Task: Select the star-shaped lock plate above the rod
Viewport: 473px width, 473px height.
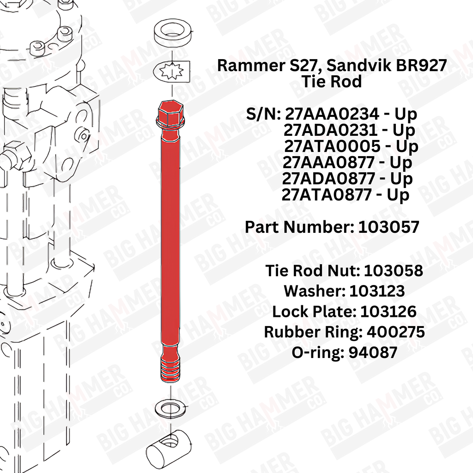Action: click(171, 72)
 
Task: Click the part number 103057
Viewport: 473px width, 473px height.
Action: click(388, 227)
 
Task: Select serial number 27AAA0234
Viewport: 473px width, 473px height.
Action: click(332, 114)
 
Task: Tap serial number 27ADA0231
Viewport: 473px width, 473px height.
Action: click(330, 130)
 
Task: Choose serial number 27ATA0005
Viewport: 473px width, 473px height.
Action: click(332, 146)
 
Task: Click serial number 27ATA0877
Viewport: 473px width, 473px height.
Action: click(327, 195)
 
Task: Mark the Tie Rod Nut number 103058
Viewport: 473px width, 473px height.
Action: click(394, 271)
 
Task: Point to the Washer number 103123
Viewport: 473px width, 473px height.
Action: click(377, 291)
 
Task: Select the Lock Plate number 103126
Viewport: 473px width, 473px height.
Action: click(388, 312)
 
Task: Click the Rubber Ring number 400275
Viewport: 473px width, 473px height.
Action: click(396, 332)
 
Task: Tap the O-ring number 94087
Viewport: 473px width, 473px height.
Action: click(373, 352)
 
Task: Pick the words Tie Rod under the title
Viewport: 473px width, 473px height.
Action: click(332, 81)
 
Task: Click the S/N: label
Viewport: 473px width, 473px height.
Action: click(264, 114)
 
